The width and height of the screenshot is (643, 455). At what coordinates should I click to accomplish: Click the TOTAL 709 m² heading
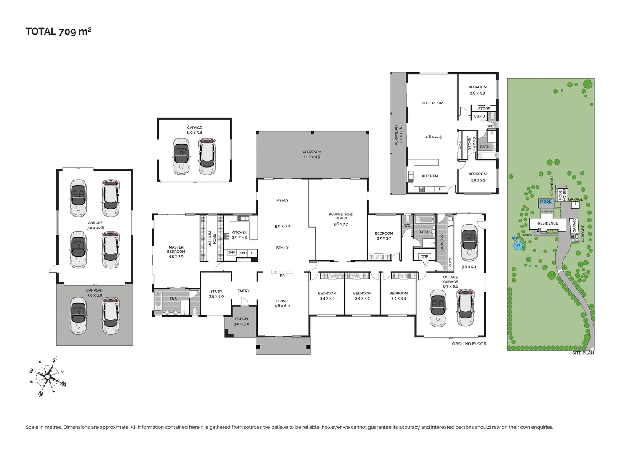tap(59, 31)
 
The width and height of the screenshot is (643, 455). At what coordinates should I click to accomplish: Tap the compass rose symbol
tap(48, 376)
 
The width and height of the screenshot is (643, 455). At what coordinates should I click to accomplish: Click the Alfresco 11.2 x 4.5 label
tap(312, 155)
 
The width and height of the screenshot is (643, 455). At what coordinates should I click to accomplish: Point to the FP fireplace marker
tap(282, 276)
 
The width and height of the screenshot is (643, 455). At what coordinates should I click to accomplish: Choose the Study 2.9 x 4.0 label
tap(216, 294)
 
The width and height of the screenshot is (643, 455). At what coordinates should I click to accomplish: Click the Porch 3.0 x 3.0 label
tap(241, 321)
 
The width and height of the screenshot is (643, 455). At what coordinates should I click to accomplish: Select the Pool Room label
tap(432, 103)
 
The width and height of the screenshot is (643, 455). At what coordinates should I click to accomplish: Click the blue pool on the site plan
tap(546, 202)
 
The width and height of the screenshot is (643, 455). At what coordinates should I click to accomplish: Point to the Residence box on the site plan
tap(547, 223)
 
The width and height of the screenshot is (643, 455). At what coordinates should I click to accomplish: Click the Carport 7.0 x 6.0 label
tap(95, 293)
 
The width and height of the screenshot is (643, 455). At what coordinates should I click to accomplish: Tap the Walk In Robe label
tap(212, 239)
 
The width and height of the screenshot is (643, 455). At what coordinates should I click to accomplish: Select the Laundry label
tap(442, 243)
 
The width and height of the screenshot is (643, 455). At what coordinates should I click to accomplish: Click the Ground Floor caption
tap(469, 344)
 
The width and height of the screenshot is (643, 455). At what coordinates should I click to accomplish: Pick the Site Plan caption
tap(583, 353)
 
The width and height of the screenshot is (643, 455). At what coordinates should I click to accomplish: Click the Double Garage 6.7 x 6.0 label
tap(450, 282)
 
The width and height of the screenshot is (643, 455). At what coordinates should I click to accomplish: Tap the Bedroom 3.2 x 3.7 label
tap(384, 236)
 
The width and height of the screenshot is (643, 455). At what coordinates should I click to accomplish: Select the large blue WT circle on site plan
tap(518, 245)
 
